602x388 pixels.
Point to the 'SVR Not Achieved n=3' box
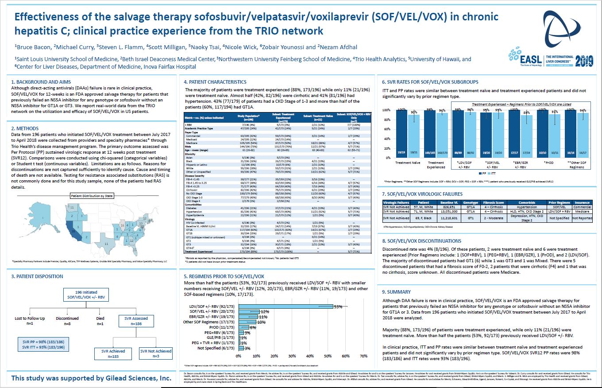coord(156,353)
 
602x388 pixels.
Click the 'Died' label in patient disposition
coord(101,318)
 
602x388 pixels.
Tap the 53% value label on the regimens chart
coord(339,307)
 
